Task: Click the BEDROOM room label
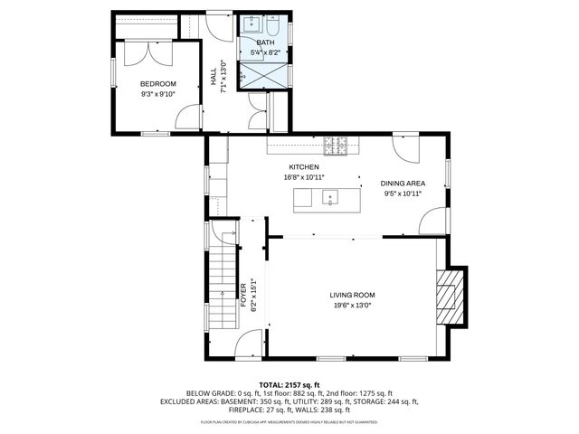157,83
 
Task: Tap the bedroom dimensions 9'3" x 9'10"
157,93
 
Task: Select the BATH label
265,42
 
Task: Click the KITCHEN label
304,167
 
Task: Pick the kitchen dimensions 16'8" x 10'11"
304,177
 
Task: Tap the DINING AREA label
403,184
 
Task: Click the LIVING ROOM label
352,295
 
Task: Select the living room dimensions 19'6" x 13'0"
352,306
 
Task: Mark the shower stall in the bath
267,78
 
